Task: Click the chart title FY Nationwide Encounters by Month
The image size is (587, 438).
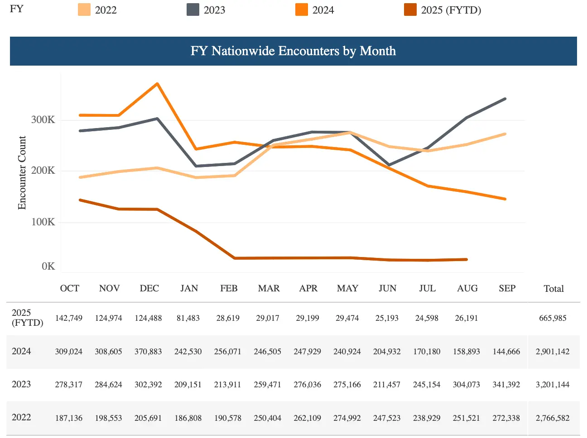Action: pyautogui.click(x=293, y=51)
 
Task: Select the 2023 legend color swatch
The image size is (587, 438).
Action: pyautogui.click(x=193, y=10)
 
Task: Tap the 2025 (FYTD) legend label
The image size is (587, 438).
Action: pyautogui.click(x=451, y=10)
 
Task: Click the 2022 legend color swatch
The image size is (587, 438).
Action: pyautogui.click(x=84, y=10)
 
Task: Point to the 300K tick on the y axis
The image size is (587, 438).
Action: pyautogui.click(x=43, y=120)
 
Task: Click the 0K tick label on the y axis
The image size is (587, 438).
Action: pyautogui.click(x=48, y=266)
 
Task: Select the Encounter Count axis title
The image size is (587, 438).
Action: pyautogui.click(x=22, y=173)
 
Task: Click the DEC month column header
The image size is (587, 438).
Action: pyautogui.click(x=149, y=288)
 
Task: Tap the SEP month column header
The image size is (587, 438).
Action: pyautogui.click(x=507, y=288)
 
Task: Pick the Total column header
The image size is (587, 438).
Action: pyautogui.click(x=553, y=289)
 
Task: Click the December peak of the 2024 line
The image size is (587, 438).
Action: pyautogui.click(x=157, y=84)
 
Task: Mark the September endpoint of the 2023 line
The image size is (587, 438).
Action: pyautogui.click(x=505, y=99)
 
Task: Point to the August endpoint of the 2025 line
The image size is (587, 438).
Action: pyautogui.click(x=467, y=260)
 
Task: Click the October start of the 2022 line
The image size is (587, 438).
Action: pyautogui.click(x=80, y=177)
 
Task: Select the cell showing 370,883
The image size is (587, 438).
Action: pyautogui.click(x=148, y=352)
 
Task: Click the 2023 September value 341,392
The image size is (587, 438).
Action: pyautogui.click(x=506, y=385)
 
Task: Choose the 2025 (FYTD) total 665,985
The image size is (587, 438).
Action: pyautogui.click(x=553, y=318)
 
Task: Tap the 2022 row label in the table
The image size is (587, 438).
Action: pyautogui.click(x=21, y=417)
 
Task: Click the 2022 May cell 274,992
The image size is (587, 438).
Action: pyautogui.click(x=347, y=418)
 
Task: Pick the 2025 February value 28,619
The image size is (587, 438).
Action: pyautogui.click(x=228, y=318)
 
